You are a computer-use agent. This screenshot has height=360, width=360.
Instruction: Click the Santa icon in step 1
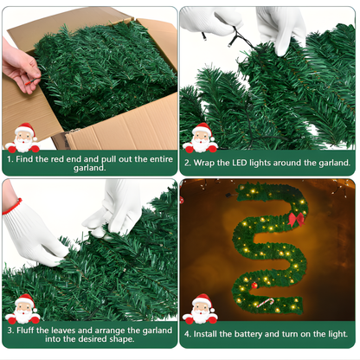tap(22, 138)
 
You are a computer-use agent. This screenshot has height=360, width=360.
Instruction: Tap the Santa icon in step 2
tap(201, 138)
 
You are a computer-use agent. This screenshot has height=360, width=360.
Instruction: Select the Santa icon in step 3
tap(22, 309)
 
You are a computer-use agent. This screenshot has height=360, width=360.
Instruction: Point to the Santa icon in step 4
tap(201, 309)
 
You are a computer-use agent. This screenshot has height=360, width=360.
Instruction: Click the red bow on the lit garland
tap(296, 218)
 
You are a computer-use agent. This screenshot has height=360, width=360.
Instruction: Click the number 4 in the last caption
tap(188, 334)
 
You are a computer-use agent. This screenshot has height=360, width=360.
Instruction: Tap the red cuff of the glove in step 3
tap(11, 206)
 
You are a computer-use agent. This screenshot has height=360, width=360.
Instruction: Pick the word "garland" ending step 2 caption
tap(330, 162)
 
